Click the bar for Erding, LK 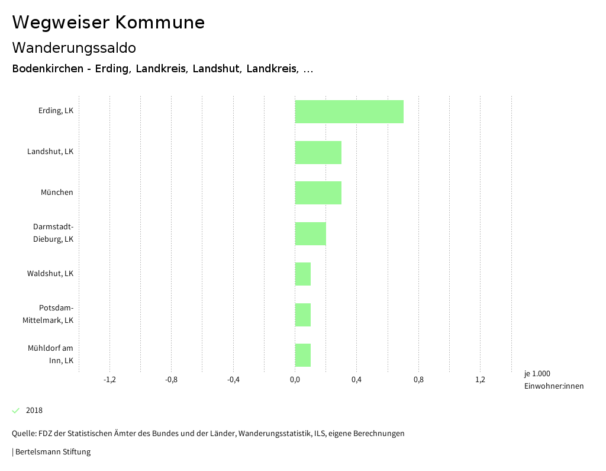click(x=349, y=111)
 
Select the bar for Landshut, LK click(x=318, y=152)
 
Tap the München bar click(x=318, y=193)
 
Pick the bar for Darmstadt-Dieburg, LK click(x=311, y=233)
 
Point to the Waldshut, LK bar click(x=303, y=274)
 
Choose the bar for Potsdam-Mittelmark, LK click(x=303, y=315)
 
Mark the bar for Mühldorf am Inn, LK click(x=303, y=355)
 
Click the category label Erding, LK click(x=56, y=111)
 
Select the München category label click(x=57, y=193)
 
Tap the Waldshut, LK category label click(x=50, y=274)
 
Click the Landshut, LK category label click(x=50, y=152)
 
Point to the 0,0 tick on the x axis click(x=295, y=380)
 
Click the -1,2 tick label click(x=109, y=380)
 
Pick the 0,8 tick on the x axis click(x=418, y=380)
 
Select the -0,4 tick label click(x=233, y=380)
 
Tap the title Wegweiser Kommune click(x=108, y=23)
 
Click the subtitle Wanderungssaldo click(x=74, y=47)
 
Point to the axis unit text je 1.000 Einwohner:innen click(x=553, y=380)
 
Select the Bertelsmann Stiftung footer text click(x=53, y=452)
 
